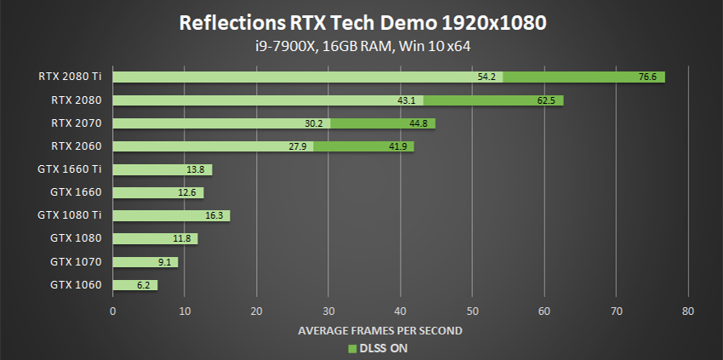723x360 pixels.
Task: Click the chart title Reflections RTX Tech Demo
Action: pyautogui.click(x=361, y=22)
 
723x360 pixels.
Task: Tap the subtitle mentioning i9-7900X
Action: pyautogui.click(x=361, y=47)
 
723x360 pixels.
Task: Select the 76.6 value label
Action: pyautogui.click(x=647, y=77)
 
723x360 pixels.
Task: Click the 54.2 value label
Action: pyautogui.click(x=487, y=77)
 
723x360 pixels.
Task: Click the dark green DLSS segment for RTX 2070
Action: pyautogui.click(x=383, y=123)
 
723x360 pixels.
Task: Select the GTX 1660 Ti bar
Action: pyautogui.click(x=162, y=169)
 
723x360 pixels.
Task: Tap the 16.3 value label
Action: pyautogui.click(x=214, y=215)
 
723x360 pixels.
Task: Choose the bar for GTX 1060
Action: pyautogui.click(x=134, y=285)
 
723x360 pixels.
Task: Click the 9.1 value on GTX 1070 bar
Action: pyautogui.click(x=164, y=262)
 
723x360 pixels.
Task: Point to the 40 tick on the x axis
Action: pyautogui.click(x=401, y=311)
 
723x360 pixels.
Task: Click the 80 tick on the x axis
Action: pyautogui.click(x=688, y=311)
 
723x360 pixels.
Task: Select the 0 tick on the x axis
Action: pyautogui.click(x=113, y=311)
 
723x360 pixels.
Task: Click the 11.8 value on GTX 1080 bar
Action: pyautogui.click(x=183, y=239)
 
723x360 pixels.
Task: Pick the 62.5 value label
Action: pyautogui.click(x=546, y=100)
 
